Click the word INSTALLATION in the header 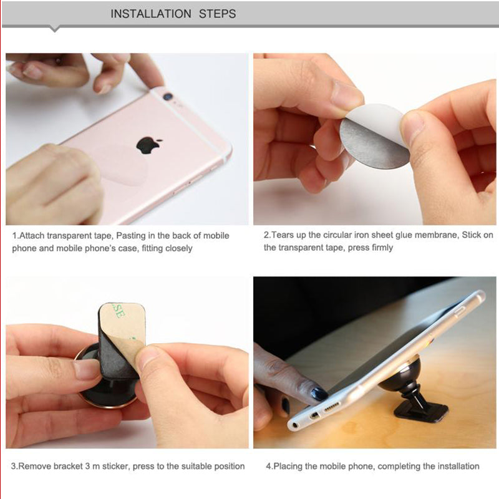pyautogui.click(x=152, y=14)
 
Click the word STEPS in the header pyautogui.click(x=217, y=14)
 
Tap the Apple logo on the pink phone pyautogui.click(x=148, y=145)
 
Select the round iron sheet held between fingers pyautogui.click(x=374, y=136)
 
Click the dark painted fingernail pyautogui.click(x=319, y=394)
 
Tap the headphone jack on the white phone pyautogui.click(x=294, y=425)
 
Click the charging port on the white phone pyautogui.click(x=331, y=409)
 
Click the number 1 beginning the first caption pyautogui.click(x=14, y=236)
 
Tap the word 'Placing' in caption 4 pyautogui.click(x=289, y=466)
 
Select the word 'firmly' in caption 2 pyautogui.click(x=382, y=247)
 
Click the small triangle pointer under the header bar pyautogui.click(x=55, y=28)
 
